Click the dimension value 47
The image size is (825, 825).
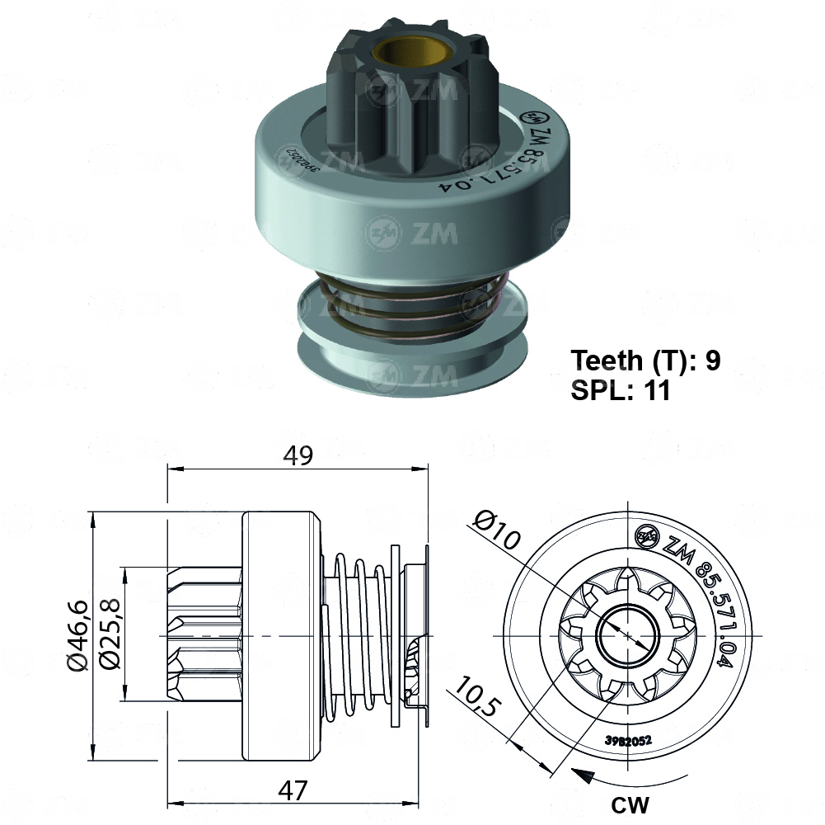(x=292, y=790)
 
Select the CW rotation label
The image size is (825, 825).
(x=630, y=804)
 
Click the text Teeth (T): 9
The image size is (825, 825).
(x=646, y=361)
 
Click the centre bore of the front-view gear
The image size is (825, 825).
(x=627, y=636)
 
